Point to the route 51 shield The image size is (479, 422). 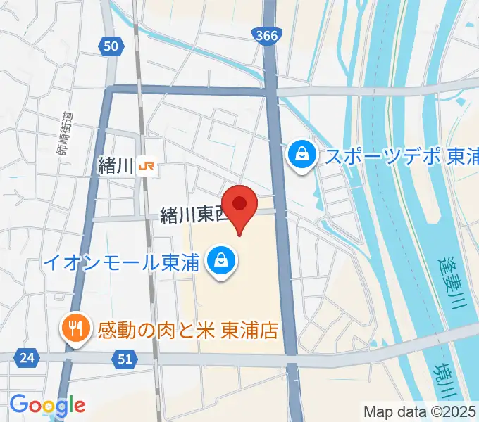point(125,359)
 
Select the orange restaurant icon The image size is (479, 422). point(74,328)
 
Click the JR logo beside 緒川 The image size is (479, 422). point(147,167)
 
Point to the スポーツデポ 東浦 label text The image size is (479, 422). point(401,155)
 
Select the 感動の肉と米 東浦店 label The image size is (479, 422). point(187,328)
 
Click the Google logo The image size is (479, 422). point(47,404)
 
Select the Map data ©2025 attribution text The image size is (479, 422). point(420,411)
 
